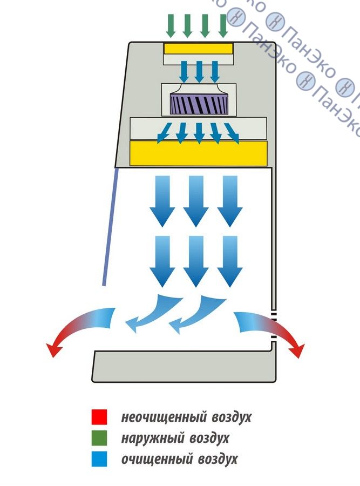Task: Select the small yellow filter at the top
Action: pos(199,49)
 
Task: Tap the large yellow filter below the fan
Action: pos(199,153)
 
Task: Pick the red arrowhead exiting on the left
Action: pos(55,350)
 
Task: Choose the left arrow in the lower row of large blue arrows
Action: pos(162,261)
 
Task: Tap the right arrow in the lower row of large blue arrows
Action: pos(229,261)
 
